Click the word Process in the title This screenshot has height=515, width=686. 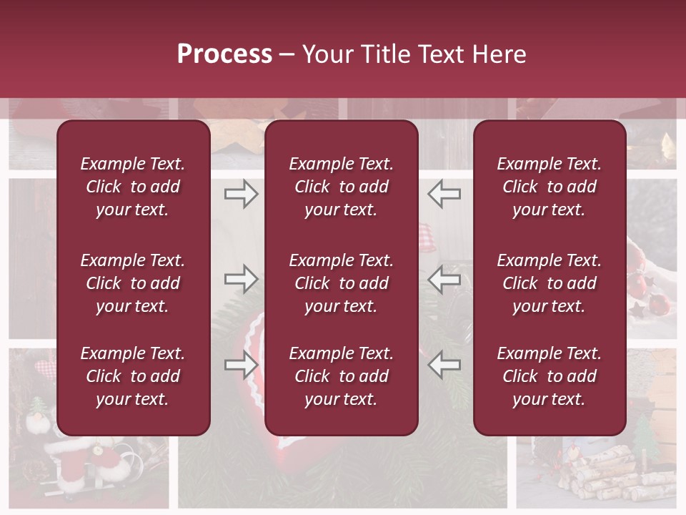(x=224, y=54)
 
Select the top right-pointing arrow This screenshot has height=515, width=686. (x=241, y=193)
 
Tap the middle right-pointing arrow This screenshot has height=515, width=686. (x=241, y=279)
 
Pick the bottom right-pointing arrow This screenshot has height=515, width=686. (x=241, y=365)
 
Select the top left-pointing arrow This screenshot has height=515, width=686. (x=444, y=193)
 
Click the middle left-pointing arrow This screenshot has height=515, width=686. (x=444, y=279)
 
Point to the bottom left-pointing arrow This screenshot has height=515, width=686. (x=444, y=365)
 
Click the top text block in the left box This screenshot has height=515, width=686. (x=133, y=187)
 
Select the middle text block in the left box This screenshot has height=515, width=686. (x=133, y=283)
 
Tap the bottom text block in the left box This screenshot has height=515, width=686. (x=133, y=376)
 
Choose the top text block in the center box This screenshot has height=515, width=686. (x=341, y=187)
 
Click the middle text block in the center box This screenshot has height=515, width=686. (x=341, y=283)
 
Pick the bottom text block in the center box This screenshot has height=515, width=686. (x=341, y=376)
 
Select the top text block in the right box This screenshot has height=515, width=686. (x=549, y=187)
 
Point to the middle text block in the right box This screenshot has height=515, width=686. (x=549, y=283)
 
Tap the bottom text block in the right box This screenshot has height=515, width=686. (x=549, y=376)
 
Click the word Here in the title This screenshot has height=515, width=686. (x=499, y=54)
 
